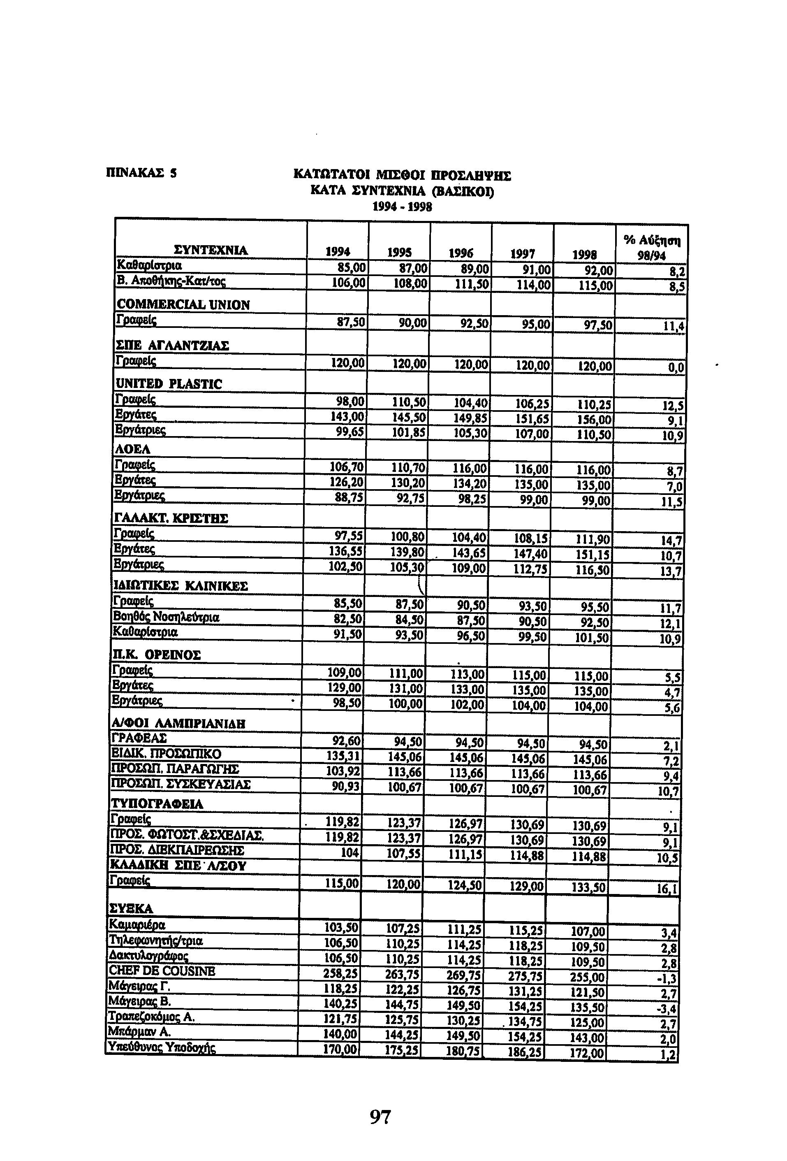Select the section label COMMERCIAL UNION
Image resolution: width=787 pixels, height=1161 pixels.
[x=183, y=305]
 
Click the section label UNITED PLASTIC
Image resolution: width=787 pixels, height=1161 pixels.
[x=168, y=384]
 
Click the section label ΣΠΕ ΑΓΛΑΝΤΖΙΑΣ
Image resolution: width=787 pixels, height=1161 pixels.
[x=172, y=345]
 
